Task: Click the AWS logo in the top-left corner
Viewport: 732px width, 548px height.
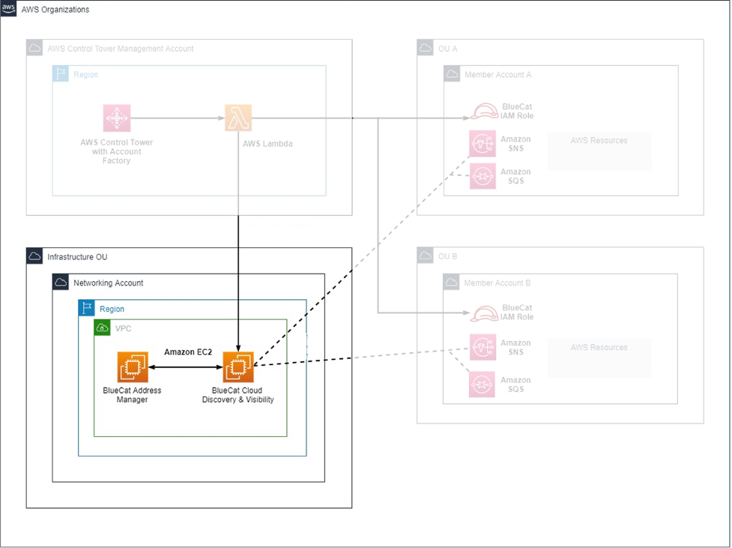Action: pos(8,9)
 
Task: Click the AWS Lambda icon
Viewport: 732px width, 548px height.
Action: pos(238,118)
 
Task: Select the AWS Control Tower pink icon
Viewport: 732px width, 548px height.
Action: pos(117,118)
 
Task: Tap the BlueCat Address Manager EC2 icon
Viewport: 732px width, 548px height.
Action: pos(133,367)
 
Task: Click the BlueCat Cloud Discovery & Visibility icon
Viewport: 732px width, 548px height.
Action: pos(238,367)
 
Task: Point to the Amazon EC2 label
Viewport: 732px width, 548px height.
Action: pos(188,351)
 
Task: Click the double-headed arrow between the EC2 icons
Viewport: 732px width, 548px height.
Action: pos(186,367)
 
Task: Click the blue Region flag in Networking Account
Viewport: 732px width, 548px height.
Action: pos(87,308)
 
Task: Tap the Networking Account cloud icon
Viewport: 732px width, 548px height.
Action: pos(61,283)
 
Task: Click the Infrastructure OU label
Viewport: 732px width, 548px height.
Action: pos(77,256)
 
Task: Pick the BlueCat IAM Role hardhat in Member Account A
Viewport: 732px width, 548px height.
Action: pos(484,112)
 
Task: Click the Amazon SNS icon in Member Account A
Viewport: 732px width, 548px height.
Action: pos(483,144)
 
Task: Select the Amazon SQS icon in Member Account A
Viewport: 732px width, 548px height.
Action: pos(483,177)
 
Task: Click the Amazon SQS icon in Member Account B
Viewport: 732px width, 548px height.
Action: pos(483,385)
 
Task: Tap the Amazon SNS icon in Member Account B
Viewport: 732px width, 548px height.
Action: pos(483,347)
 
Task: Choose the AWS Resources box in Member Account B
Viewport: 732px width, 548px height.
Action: pos(599,357)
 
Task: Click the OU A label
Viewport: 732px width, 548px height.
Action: pos(449,49)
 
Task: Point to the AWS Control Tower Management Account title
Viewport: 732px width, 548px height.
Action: pos(121,49)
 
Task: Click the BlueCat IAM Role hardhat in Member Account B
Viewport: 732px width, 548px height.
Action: pos(484,313)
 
